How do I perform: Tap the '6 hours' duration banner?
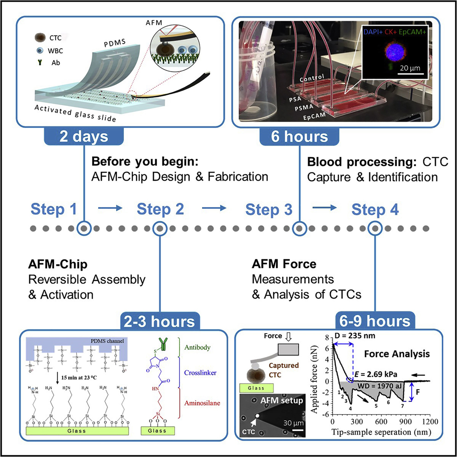point(300,137)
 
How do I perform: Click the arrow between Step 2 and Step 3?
point(215,209)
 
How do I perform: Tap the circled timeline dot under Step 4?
point(375,228)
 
